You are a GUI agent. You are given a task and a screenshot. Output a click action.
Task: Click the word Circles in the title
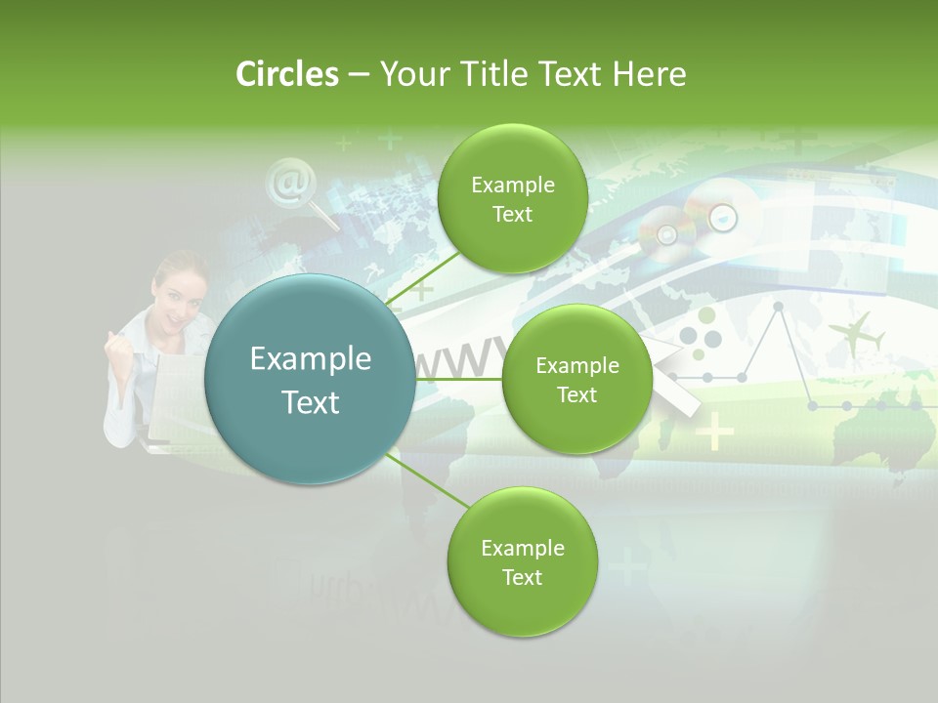(286, 74)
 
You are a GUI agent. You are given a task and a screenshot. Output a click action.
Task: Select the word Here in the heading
(650, 74)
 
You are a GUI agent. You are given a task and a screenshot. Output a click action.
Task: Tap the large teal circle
(310, 380)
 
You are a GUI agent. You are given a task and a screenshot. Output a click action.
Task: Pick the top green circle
(512, 198)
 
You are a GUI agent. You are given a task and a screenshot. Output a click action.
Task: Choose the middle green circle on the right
(576, 379)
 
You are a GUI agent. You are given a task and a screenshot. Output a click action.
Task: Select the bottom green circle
(522, 561)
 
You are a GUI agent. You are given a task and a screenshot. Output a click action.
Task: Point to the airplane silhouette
(856, 334)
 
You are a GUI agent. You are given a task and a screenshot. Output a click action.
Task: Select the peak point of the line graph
(779, 307)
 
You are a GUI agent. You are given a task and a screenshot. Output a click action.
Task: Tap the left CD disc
(667, 234)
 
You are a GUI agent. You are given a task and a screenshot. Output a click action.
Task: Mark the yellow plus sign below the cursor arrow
(715, 431)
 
